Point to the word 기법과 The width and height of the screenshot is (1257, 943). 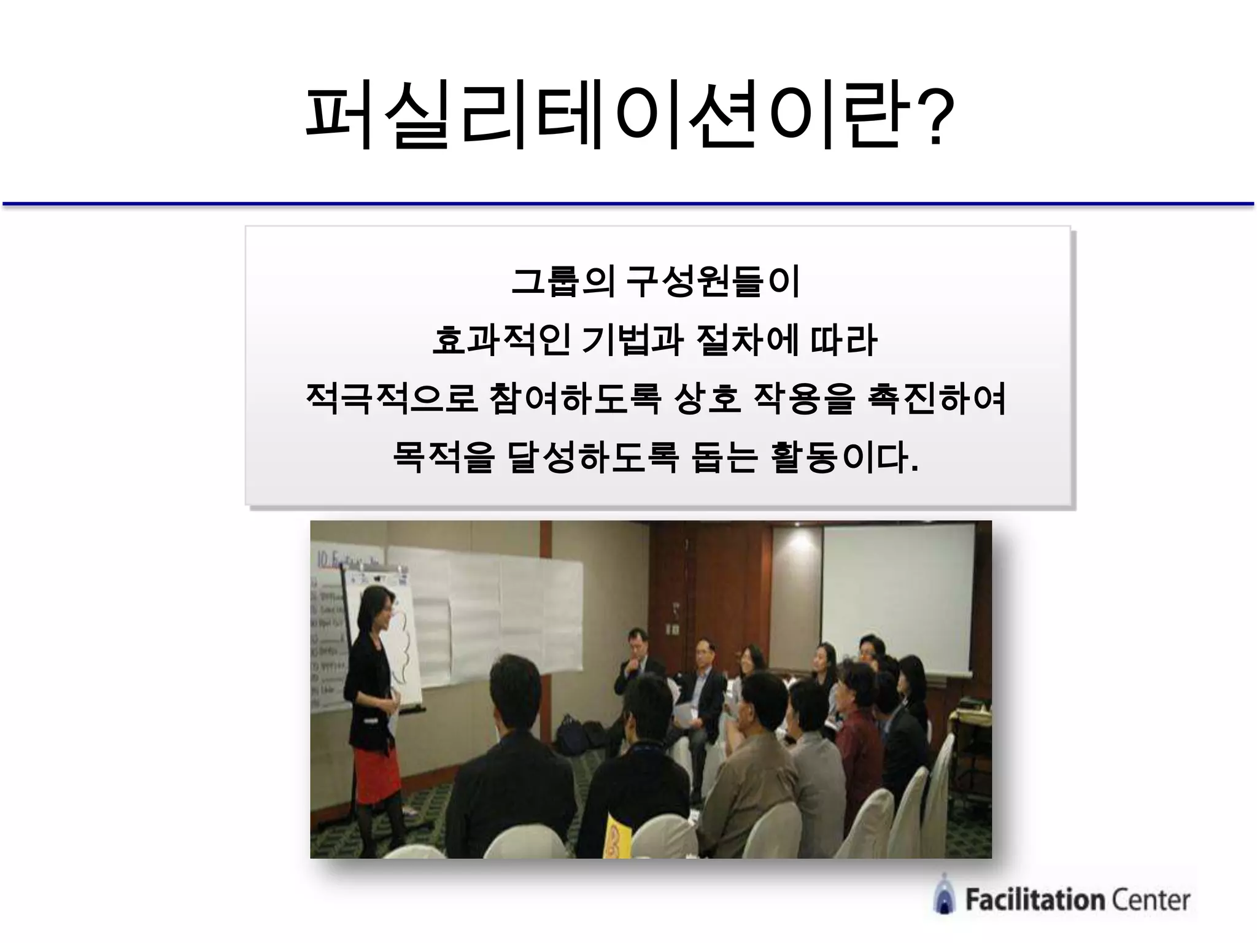[x=632, y=341]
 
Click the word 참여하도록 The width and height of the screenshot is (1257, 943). [x=575, y=399]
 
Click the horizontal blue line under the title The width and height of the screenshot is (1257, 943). [x=628, y=203]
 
